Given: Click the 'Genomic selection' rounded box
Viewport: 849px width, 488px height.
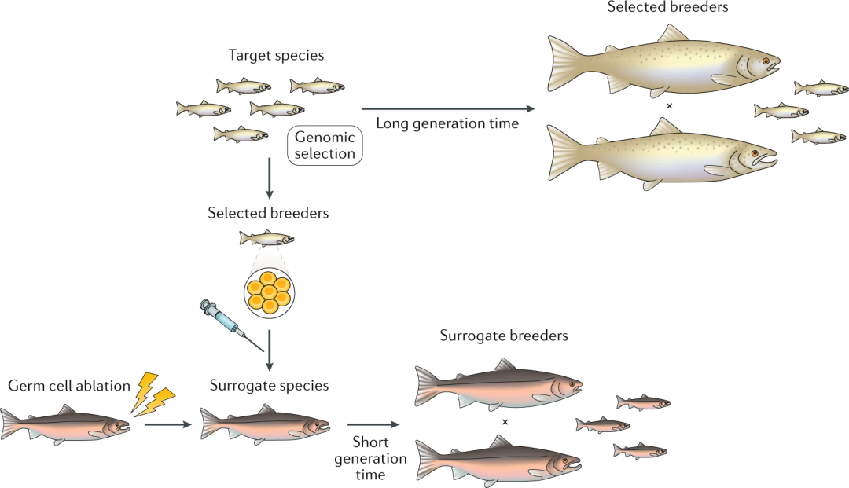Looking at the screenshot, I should tap(325, 145).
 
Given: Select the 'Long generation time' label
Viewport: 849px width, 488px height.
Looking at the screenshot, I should tap(447, 123).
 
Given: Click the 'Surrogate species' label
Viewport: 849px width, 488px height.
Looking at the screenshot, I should tap(269, 386).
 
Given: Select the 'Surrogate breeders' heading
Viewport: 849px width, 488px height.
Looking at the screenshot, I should tap(503, 336).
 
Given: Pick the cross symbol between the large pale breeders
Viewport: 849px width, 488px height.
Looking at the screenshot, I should tap(669, 105).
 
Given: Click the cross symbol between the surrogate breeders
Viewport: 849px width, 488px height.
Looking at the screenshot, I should tap(505, 422).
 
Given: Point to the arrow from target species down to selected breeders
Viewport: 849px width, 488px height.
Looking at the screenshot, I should tap(269, 178).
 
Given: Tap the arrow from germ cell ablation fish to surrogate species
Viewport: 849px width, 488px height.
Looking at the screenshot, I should tap(168, 425).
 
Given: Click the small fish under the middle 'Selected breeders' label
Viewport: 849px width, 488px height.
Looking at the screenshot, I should tap(267, 237).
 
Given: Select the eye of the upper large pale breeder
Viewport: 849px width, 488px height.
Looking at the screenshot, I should tap(764, 61).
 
